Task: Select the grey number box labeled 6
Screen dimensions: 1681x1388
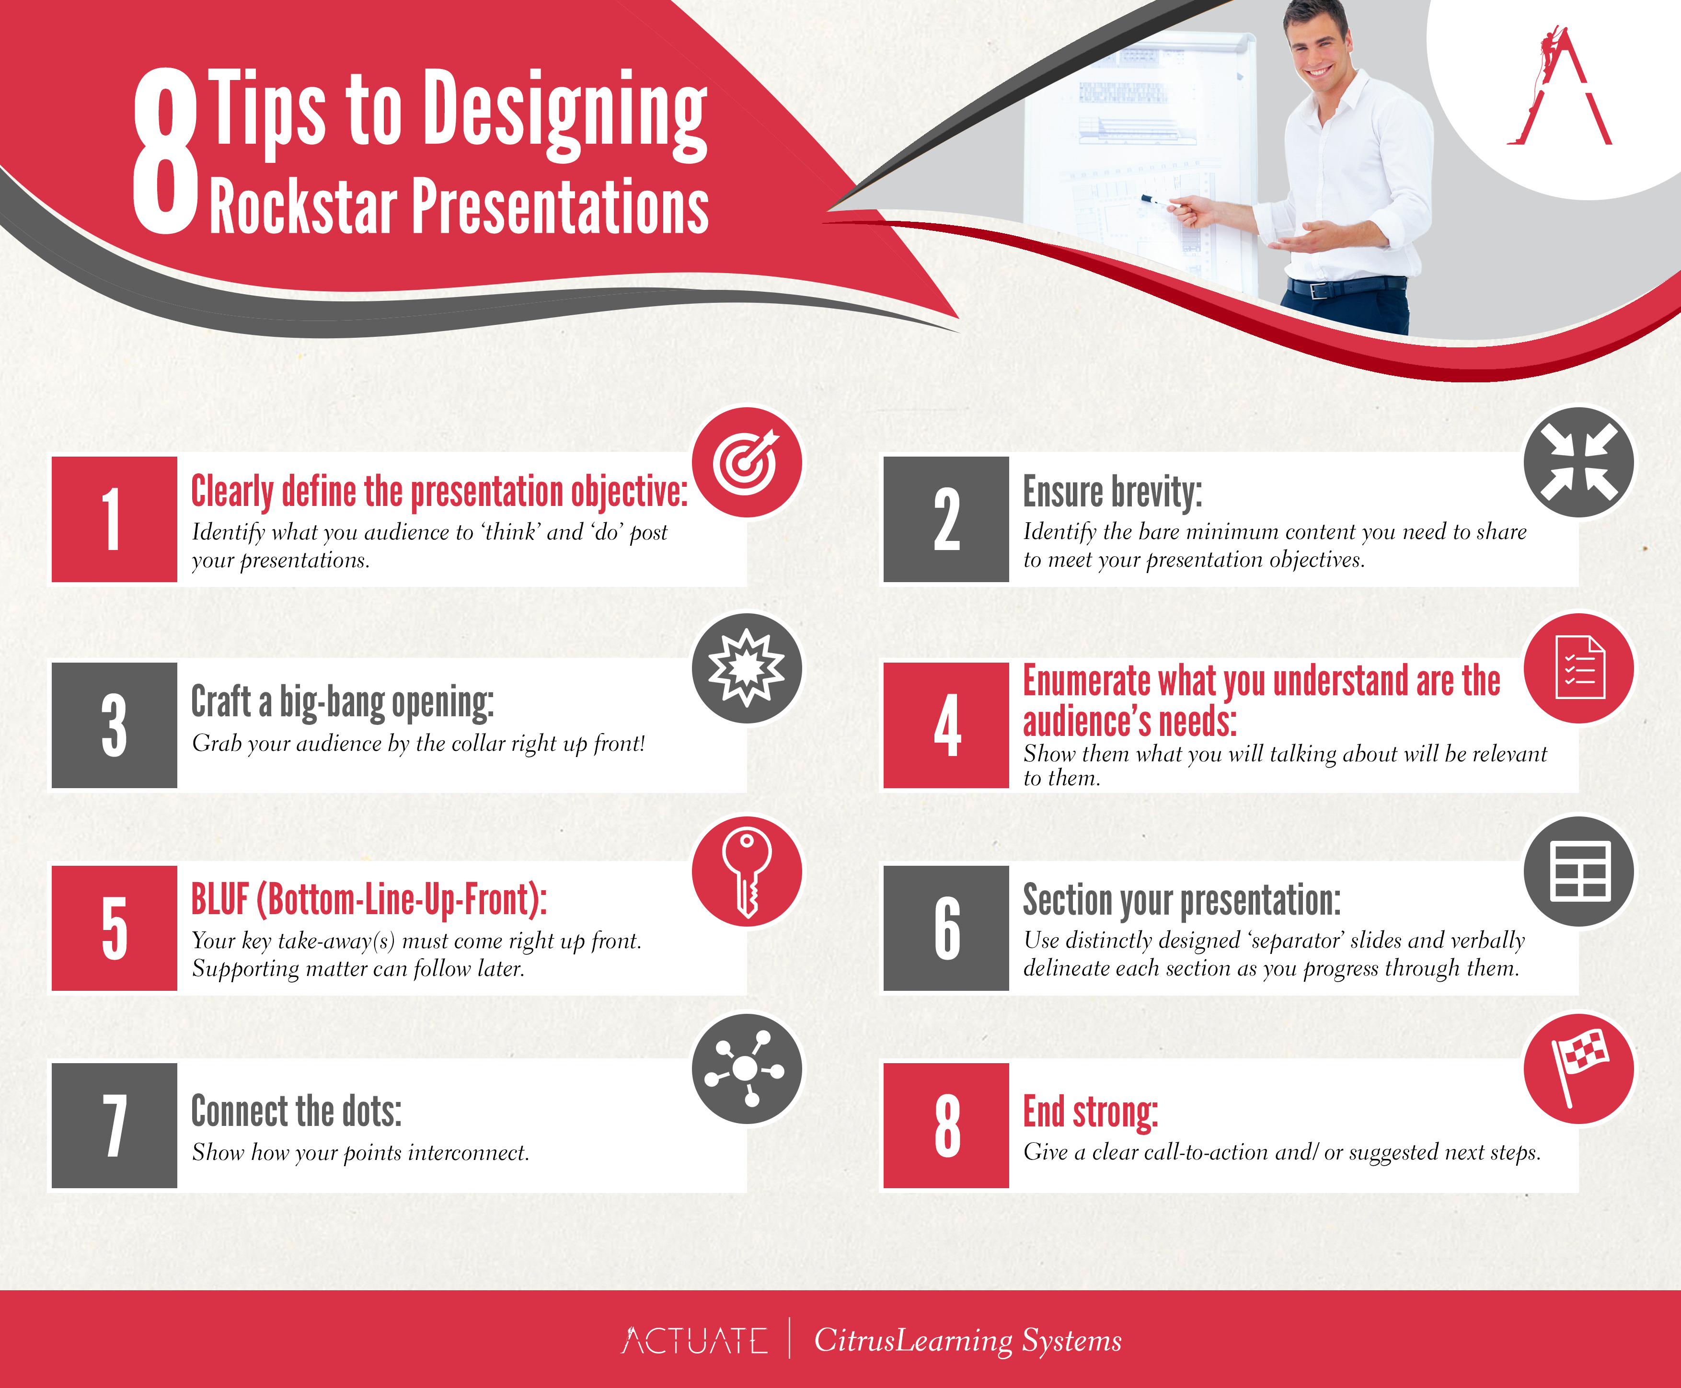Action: point(946,928)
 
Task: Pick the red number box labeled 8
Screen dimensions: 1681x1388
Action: point(946,1125)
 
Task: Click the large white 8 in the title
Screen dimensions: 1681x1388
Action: point(165,152)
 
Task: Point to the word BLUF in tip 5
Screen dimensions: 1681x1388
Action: point(220,899)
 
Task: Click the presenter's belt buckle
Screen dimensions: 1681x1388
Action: point(1317,288)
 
